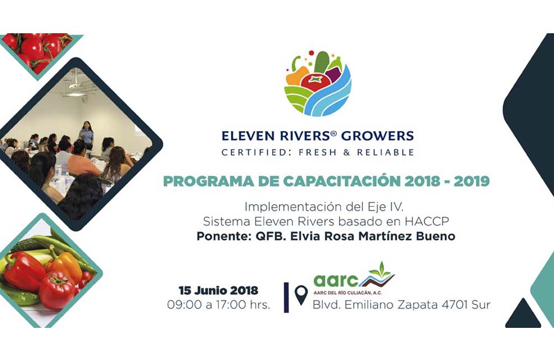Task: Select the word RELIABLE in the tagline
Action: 386,153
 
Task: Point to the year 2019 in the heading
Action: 471,182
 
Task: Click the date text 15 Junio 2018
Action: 218,290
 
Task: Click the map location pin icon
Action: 301,295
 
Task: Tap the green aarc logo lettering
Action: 336,281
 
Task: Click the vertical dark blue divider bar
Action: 286,297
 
